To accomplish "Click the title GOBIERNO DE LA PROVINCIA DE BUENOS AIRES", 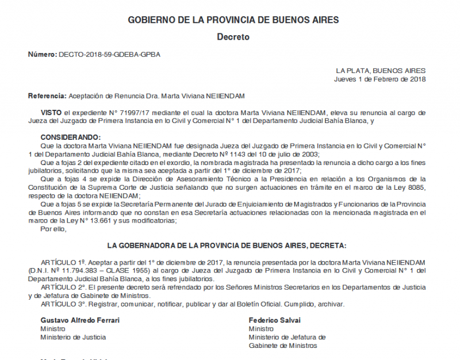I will (233, 20).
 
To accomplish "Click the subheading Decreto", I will (233, 37).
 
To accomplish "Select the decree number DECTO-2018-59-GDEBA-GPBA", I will (109, 55).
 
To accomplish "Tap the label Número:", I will (43, 55).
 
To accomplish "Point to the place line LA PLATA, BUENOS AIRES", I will (381, 71).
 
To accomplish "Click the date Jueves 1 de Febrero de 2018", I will (379, 79).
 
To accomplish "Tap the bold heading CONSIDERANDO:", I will (70, 137).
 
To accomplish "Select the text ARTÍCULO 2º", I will (62, 287).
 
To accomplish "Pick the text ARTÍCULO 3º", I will (62, 304).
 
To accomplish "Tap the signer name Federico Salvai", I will (275, 320).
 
